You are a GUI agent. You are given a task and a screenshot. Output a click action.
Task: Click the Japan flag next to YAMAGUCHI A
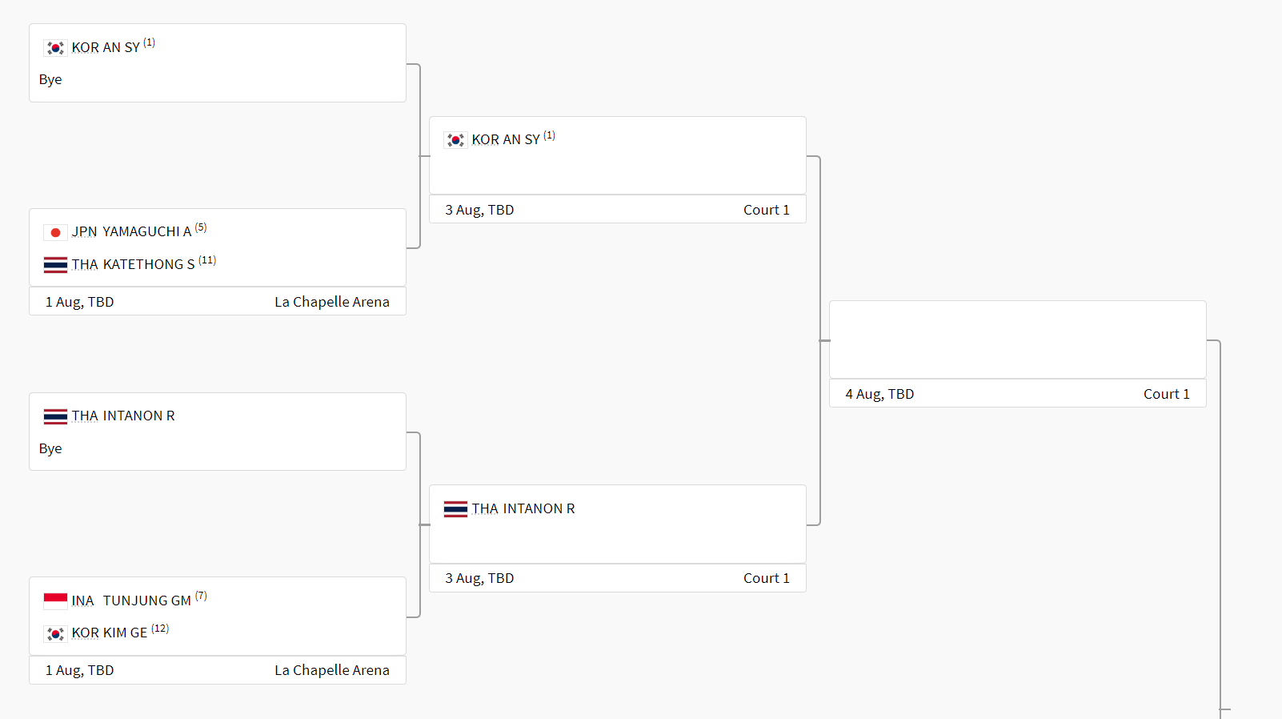55,232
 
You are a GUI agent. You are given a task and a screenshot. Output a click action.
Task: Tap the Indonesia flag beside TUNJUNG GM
55,601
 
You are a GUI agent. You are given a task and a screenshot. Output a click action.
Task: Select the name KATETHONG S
149,264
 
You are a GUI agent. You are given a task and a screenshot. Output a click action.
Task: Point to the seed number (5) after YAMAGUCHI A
201,228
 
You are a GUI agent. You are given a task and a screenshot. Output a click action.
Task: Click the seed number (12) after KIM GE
160,629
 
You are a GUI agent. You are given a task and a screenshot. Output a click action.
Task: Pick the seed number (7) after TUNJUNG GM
201,596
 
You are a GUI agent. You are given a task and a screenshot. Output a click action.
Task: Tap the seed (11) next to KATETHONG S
207,260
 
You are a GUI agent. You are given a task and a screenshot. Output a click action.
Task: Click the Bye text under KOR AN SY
50,80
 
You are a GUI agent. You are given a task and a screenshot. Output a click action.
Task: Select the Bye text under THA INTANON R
50,448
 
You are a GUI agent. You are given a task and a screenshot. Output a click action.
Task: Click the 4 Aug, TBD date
879,394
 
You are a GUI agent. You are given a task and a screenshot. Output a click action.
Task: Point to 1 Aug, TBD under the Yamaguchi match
79,302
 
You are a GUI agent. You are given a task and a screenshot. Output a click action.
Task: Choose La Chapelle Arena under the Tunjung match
332,670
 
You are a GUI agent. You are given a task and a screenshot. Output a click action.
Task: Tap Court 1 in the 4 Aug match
1166,394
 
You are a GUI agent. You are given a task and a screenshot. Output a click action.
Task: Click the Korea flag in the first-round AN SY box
55,48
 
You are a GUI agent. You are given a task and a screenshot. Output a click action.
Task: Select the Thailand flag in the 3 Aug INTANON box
455,509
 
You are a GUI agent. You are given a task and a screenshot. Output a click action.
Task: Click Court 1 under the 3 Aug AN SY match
766,210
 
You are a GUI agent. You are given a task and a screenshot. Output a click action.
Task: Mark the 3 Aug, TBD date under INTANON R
479,578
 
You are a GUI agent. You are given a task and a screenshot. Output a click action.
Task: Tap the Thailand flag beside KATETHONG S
55,265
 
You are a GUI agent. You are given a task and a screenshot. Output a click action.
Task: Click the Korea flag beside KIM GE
55,633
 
